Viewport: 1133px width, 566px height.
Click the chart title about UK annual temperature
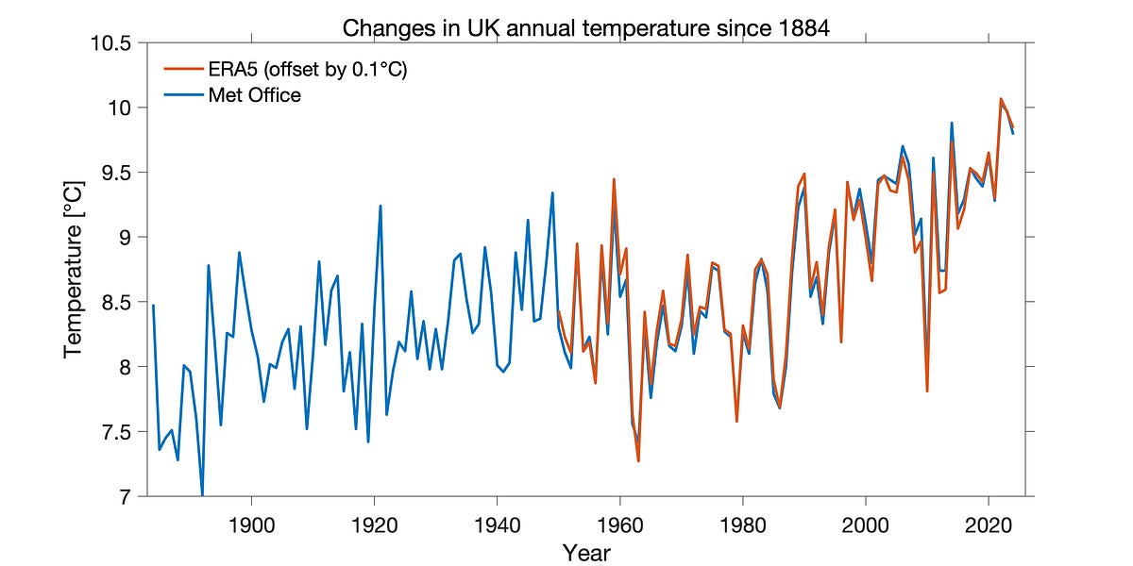pyautogui.click(x=585, y=27)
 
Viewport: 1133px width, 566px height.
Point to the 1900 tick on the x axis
pyautogui.click(x=252, y=522)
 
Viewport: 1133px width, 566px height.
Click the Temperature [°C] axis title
pyautogui.click(x=74, y=270)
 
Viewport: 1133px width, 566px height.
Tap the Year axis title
pyautogui.click(x=585, y=552)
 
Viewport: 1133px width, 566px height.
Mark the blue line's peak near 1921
pyautogui.click(x=380, y=206)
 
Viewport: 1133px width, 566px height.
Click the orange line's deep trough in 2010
pyautogui.click(x=927, y=391)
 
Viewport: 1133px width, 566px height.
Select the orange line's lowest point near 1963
pyautogui.click(x=638, y=460)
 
